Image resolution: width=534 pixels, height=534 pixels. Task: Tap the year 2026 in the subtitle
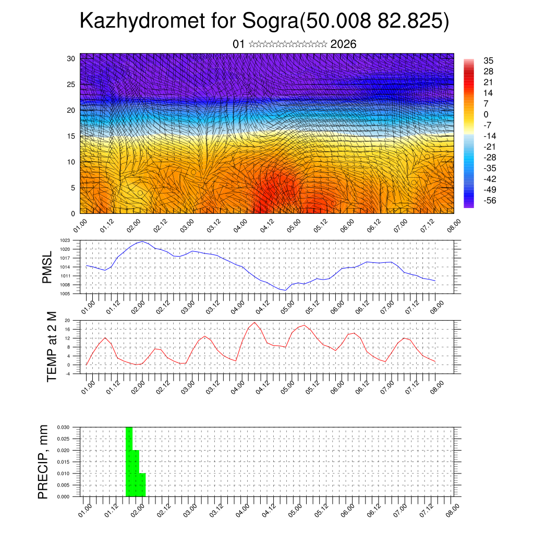pos(343,44)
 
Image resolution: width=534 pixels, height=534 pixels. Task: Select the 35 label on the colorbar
pos(489,61)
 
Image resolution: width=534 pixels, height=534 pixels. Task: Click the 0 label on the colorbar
pos(486,114)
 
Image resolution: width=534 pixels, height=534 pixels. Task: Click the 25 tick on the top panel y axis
pos(72,84)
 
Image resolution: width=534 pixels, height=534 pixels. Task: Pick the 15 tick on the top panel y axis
pos(72,136)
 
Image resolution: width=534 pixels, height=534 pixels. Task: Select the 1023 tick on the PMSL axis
pos(65,240)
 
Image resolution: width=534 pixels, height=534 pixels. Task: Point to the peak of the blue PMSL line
pos(142,241)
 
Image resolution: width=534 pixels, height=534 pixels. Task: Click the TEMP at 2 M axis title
pos(52,346)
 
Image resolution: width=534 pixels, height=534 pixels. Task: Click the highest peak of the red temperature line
pos(254,322)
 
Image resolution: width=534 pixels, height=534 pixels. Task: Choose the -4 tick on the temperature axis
pos(67,374)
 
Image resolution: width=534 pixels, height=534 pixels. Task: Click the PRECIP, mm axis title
pos(44,462)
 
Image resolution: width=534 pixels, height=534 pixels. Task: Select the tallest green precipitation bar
pos(129,462)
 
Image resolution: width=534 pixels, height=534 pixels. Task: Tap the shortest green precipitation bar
pos(142,485)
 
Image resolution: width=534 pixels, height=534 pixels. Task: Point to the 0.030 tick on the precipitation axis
pos(63,427)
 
